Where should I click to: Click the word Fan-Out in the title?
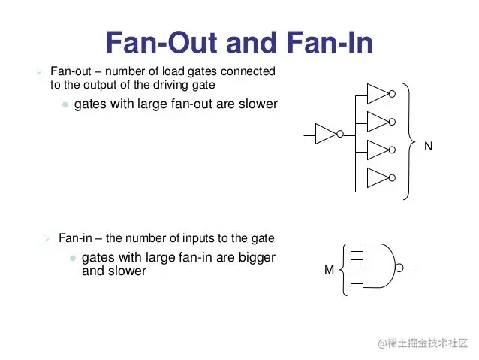tap(162, 42)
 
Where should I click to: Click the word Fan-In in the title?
tap(330, 42)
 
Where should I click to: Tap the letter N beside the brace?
tap(428, 147)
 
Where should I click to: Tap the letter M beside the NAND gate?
tap(329, 270)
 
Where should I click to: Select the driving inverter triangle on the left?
tap(326, 134)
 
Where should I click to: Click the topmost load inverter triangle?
tap(378, 94)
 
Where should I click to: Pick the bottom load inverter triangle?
tap(378, 177)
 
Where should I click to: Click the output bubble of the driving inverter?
tap(340, 134)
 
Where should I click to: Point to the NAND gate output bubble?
tap(399, 268)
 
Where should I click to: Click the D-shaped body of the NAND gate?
tap(379, 266)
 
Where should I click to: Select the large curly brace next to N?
tap(409, 141)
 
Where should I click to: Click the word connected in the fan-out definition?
tap(248, 71)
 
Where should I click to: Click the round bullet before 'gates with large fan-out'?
tap(65, 105)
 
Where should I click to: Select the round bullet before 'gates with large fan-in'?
tap(73, 258)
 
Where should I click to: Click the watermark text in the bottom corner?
tap(423, 343)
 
